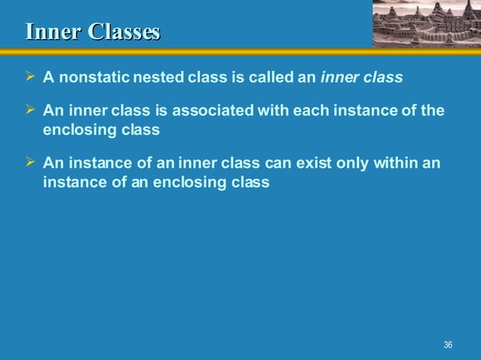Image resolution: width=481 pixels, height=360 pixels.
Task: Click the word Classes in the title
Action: click(124, 32)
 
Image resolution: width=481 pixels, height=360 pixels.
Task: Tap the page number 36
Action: click(448, 345)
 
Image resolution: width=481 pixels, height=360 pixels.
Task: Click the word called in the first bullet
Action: click(271, 78)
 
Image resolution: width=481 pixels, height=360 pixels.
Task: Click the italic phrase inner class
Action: click(362, 78)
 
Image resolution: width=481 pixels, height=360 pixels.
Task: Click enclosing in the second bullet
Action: click(78, 130)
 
